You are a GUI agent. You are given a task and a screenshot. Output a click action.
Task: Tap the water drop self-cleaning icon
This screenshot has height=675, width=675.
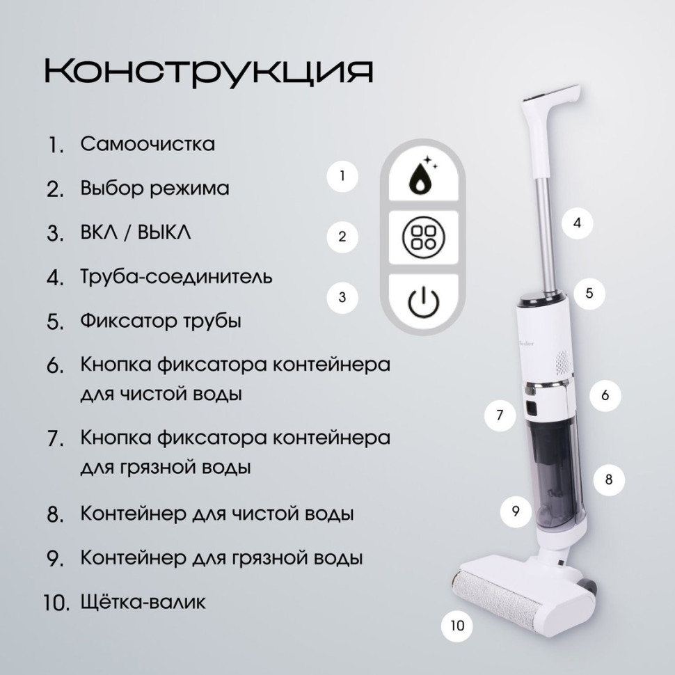pos(422,177)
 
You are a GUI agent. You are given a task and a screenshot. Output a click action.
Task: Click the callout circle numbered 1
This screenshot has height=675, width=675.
pos(342,176)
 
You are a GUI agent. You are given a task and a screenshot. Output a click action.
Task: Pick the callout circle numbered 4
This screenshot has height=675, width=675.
pos(577,223)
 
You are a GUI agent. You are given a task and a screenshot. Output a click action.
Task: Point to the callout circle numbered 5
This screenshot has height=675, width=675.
pos(589,293)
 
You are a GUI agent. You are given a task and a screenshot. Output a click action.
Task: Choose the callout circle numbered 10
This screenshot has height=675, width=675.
pos(456,625)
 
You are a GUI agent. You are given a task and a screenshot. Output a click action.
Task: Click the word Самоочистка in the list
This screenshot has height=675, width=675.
pos(148,144)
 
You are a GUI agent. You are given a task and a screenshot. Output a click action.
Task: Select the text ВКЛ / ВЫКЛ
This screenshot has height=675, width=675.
pos(136,232)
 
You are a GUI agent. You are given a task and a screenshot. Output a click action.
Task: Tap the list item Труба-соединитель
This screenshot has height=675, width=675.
pos(176,277)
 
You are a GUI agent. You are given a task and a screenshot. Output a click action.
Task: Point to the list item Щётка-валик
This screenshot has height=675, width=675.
pos(143,601)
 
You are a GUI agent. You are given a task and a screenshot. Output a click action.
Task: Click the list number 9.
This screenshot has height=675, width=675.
pos(56,559)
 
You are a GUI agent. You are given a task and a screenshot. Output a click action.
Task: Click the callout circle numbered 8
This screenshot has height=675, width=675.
pos(608,479)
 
